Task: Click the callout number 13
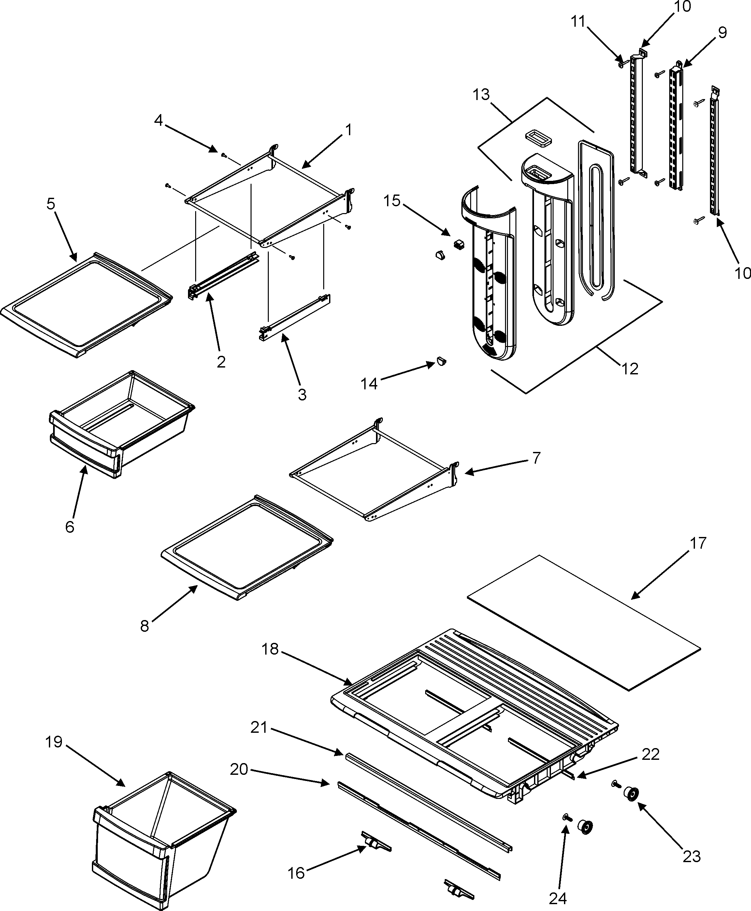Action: point(481,95)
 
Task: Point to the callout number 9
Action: point(722,33)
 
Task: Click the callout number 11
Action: point(578,21)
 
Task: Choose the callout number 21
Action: point(259,728)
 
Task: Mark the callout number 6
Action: point(70,527)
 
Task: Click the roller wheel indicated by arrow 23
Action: point(632,795)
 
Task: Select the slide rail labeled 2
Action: point(223,275)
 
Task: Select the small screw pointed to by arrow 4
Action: point(224,154)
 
